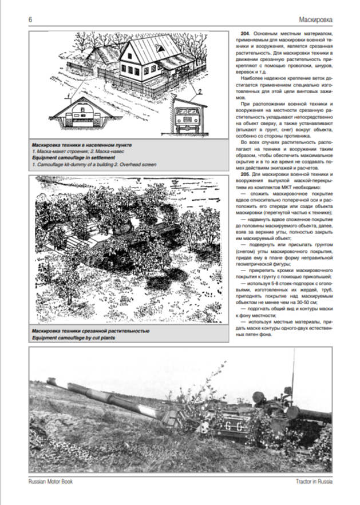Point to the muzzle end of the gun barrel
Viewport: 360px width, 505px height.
(x=50, y=379)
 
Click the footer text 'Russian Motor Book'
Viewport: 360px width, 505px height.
(x=50, y=482)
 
